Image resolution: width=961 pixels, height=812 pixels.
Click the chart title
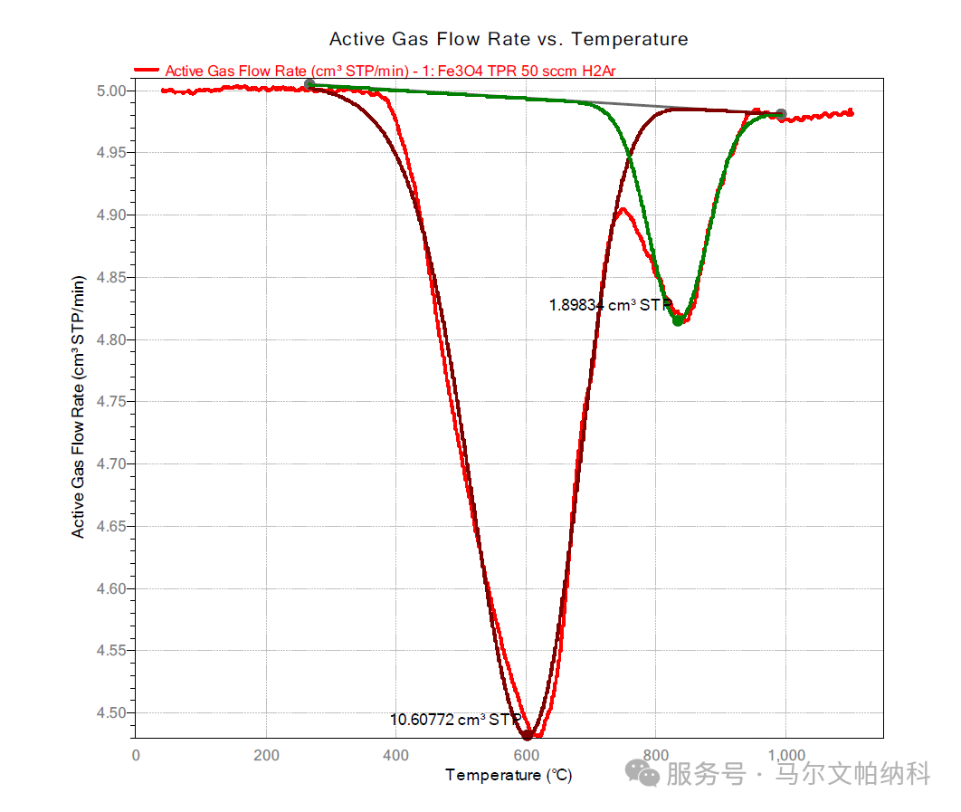pyautogui.click(x=509, y=39)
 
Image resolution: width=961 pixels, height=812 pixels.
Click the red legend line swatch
pyautogui.click(x=147, y=71)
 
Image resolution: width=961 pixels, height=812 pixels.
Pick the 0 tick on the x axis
pyautogui.click(x=136, y=755)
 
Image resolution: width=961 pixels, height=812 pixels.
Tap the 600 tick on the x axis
pyautogui.click(x=526, y=755)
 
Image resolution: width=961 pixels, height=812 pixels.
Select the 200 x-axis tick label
pyautogui.click(x=266, y=755)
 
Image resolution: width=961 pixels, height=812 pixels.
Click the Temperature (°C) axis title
pyautogui.click(x=509, y=776)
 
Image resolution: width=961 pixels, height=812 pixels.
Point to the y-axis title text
pyautogui.click(x=79, y=407)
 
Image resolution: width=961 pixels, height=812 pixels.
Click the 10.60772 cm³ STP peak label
pyautogui.click(x=455, y=721)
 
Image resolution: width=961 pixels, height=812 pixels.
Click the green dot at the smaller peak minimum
pyautogui.click(x=678, y=320)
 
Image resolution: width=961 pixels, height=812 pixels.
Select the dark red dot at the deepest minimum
pyautogui.click(x=528, y=734)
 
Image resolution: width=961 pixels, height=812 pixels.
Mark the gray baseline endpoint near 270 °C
pyautogui.click(x=309, y=84)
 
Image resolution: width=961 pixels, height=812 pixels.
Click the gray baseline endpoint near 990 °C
pyautogui.click(x=781, y=115)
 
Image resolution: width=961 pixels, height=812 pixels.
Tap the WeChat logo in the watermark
pyautogui.click(x=645, y=774)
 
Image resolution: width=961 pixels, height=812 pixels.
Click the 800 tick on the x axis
pyautogui.click(x=656, y=755)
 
